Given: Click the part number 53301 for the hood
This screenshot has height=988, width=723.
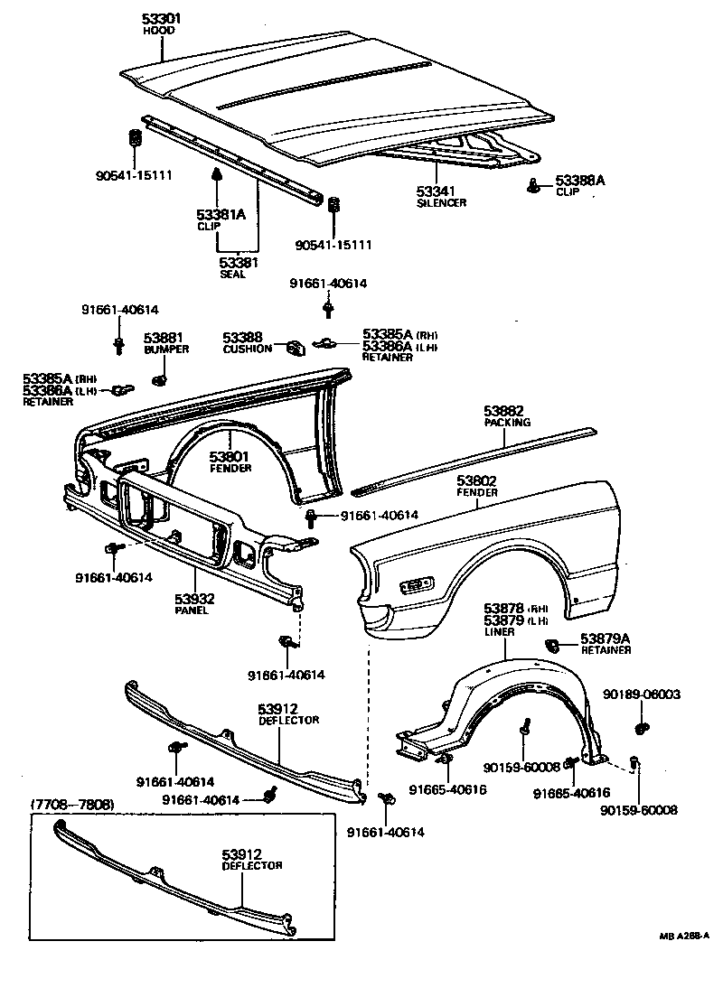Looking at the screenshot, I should click(x=162, y=19).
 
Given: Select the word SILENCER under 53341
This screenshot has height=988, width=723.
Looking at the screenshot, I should click(x=441, y=203).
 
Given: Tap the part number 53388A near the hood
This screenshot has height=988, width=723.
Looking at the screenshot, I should click(x=579, y=181).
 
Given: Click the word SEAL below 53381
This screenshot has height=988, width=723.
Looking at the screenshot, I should click(x=232, y=275).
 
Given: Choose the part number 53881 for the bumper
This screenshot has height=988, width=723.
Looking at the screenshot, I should click(x=162, y=338).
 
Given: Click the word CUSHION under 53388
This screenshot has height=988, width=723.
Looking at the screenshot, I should click(x=247, y=349).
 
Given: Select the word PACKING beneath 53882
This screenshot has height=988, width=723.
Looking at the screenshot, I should click(x=507, y=422).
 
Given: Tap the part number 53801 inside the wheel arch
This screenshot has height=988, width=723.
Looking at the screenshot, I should click(x=230, y=457).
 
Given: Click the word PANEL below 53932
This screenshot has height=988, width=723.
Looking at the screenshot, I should click(x=192, y=610).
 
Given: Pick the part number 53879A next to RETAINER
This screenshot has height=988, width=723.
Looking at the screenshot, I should click(x=606, y=638).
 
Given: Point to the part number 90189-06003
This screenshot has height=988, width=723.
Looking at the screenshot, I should click(x=642, y=694).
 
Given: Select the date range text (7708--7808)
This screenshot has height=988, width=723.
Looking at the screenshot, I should click(x=72, y=803).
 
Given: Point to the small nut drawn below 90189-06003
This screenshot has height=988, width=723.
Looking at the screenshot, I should click(x=641, y=726).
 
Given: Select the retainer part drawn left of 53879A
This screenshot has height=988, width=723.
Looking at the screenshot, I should click(x=554, y=645).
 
